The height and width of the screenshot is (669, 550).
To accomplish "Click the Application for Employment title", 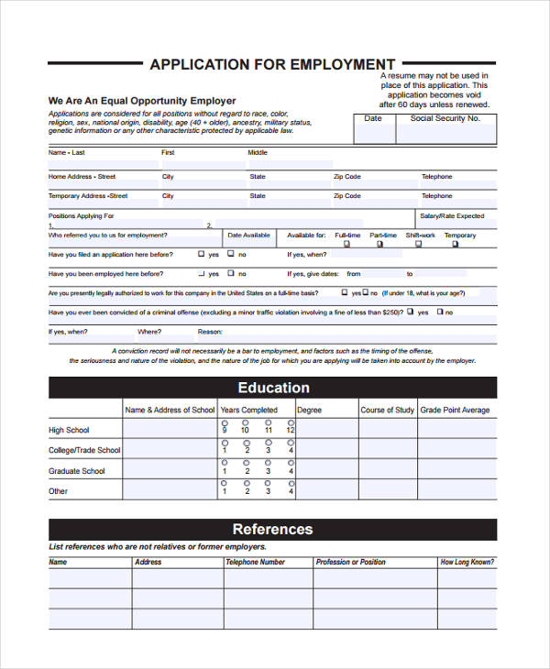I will pyautogui.click(x=272, y=64).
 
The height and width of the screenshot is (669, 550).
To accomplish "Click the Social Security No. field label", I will pyautogui.click(x=445, y=118).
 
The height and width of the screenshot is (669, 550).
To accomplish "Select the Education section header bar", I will pyautogui.click(x=272, y=388).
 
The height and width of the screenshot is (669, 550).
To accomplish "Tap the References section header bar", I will pyautogui.click(x=272, y=529).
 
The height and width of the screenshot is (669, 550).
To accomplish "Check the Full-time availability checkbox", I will pyautogui.click(x=347, y=244).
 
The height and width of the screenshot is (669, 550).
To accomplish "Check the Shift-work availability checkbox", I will pyautogui.click(x=421, y=244).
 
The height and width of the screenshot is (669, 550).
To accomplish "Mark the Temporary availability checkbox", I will pyautogui.click(x=453, y=244).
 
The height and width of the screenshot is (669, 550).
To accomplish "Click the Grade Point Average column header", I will pyautogui.click(x=455, y=410).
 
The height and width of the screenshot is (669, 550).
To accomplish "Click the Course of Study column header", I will pyautogui.click(x=387, y=410).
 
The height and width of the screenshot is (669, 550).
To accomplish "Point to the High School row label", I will pyautogui.click(x=69, y=430).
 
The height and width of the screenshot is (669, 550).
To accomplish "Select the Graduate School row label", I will pyautogui.click(x=77, y=471).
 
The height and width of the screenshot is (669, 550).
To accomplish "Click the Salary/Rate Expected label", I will pyautogui.click(x=452, y=216).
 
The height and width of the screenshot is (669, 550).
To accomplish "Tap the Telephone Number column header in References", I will pyautogui.click(x=255, y=562).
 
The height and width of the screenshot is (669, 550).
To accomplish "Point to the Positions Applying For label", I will pyautogui.click(x=81, y=216).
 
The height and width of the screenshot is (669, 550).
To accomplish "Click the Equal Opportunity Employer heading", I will pyautogui.click(x=142, y=101).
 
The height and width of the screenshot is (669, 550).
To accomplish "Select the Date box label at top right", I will pyautogui.click(x=373, y=118).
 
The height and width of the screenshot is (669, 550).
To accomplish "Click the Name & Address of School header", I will pyautogui.click(x=170, y=410).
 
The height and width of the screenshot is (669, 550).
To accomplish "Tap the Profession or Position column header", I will pyautogui.click(x=350, y=562).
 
